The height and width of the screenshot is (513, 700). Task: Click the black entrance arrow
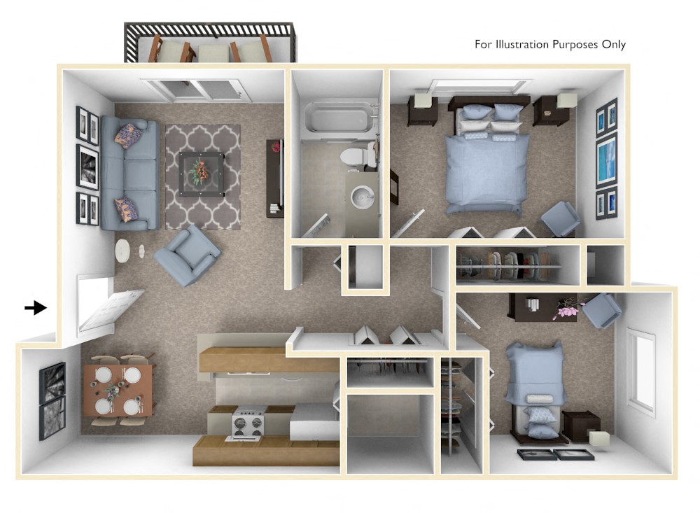(x=34, y=307)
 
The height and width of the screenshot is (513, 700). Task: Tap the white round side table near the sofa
(x=123, y=251)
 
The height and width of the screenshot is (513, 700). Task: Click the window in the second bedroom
(x=641, y=370)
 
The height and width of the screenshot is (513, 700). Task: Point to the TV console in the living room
(x=274, y=178)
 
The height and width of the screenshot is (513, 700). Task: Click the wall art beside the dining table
(x=52, y=401)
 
